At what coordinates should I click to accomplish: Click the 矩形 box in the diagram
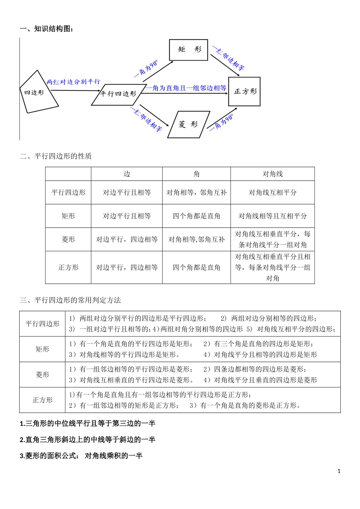(x=188, y=50)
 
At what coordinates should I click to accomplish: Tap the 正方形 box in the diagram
(x=244, y=91)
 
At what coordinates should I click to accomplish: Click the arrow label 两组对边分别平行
(x=73, y=82)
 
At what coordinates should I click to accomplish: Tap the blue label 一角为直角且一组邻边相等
(x=186, y=88)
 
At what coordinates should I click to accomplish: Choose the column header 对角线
(x=272, y=174)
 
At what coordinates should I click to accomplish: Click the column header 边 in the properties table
(x=127, y=174)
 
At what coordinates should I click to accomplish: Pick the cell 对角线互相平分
(x=272, y=193)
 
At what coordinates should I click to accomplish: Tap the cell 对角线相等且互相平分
(x=272, y=216)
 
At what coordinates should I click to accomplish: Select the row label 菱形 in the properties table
(x=68, y=240)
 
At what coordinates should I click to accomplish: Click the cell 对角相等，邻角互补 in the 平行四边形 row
(x=196, y=193)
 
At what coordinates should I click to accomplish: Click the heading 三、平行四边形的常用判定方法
(x=70, y=300)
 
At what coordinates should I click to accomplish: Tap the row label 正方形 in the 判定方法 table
(x=42, y=400)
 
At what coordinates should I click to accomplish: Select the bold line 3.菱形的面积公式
(x=81, y=456)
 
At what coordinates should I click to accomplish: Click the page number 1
(x=339, y=471)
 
